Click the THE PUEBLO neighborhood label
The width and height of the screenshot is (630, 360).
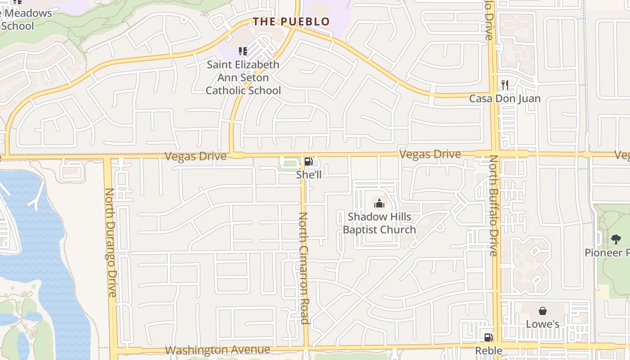coord(291,22)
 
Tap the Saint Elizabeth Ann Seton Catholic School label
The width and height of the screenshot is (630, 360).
coord(243,77)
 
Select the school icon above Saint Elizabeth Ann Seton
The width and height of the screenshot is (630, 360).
coord(243,51)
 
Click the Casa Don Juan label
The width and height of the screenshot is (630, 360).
coord(505,99)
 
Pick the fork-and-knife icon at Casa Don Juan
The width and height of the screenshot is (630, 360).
coord(505,85)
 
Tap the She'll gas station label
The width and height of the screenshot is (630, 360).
coord(309,175)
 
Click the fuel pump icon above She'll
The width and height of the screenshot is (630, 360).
coord(309,162)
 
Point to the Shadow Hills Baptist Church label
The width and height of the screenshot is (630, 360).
coord(379,223)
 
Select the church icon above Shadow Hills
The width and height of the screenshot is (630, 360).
coord(379,204)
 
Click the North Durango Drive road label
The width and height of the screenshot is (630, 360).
coord(110,243)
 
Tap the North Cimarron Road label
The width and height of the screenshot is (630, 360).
coord(304,268)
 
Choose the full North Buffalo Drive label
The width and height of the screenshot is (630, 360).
coord(494,206)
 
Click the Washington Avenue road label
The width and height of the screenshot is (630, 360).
coord(218,350)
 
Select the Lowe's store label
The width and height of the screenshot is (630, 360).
coord(543,324)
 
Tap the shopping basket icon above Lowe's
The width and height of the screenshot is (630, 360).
coord(543,311)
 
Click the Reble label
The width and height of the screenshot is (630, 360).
coord(489,351)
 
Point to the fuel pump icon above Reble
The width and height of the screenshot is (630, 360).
coord(488,337)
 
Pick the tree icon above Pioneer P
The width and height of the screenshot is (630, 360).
coord(616,239)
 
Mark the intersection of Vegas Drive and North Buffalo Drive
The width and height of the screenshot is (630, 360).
coord(495,154)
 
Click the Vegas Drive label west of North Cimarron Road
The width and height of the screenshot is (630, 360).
coord(195,156)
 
